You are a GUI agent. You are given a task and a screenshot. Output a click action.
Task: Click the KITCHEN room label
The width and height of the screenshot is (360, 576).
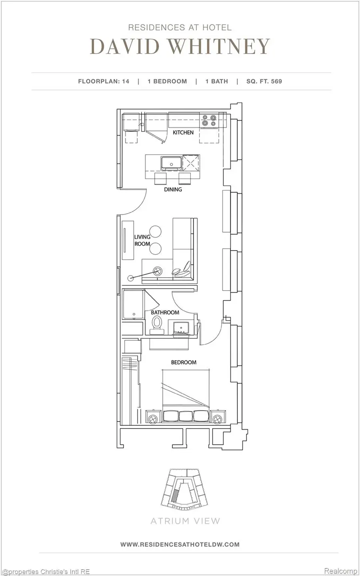(x=183, y=132)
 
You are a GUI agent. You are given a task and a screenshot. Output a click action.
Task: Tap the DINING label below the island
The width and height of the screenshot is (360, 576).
(x=173, y=189)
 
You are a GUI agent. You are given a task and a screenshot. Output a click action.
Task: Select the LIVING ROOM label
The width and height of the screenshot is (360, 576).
(x=142, y=240)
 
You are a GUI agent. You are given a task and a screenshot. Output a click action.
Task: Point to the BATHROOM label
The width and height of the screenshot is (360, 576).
(x=165, y=312)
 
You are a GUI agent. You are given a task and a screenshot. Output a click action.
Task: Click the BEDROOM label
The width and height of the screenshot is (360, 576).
(x=184, y=362)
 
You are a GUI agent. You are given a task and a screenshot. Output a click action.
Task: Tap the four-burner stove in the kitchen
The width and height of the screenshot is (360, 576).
(x=209, y=120)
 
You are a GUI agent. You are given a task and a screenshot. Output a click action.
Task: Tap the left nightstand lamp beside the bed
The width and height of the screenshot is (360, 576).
(x=152, y=419)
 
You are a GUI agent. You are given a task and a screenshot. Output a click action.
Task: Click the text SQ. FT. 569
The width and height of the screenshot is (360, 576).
(x=264, y=81)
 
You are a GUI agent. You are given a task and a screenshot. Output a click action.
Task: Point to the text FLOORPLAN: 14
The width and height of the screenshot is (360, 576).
(x=104, y=81)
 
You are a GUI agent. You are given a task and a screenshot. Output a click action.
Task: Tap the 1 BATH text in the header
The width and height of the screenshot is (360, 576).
(x=216, y=81)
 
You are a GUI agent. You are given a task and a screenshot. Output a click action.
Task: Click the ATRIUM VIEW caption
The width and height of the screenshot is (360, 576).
(x=185, y=521)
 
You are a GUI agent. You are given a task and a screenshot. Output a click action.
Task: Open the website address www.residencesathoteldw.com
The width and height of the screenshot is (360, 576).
(x=180, y=544)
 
